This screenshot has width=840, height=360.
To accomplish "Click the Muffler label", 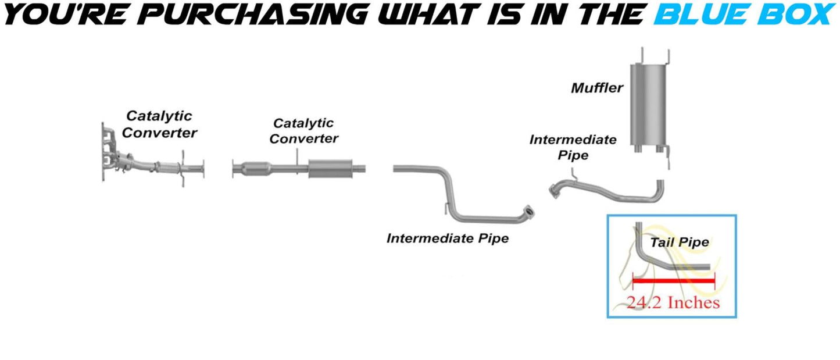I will coord(597,88).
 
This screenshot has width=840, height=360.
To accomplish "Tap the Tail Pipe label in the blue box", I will coord(680,242).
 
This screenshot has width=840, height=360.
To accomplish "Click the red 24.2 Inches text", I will coord(673,302).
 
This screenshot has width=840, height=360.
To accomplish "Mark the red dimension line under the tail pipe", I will coord(673,281).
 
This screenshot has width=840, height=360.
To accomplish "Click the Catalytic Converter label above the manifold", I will coord(159,124).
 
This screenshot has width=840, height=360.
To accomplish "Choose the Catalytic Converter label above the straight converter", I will coord(303,131).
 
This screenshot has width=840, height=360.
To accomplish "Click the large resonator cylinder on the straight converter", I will coord(331,168).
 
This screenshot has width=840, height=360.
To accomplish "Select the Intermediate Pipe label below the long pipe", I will coord(447,238).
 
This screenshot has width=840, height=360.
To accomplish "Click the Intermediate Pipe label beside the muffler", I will coord(573,147).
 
